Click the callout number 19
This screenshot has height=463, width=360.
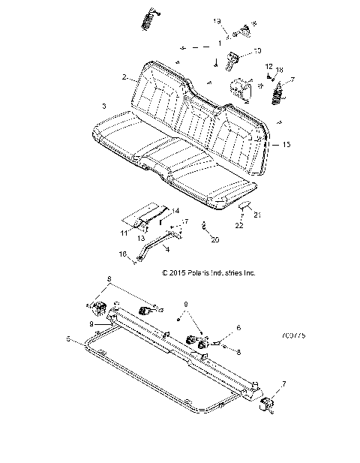pos(218,22)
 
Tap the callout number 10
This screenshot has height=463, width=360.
pos(257,51)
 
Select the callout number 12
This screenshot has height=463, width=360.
pos(268,67)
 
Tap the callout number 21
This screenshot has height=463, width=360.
pos(259,215)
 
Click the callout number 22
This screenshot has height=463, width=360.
pos(238,225)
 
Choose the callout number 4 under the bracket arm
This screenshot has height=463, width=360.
pos(166,248)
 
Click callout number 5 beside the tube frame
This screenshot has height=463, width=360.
pos(68,339)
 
